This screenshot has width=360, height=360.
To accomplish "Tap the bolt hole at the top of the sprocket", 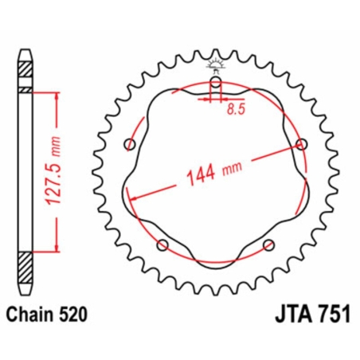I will [x=216, y=82].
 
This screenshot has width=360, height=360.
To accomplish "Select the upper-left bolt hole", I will [x=131, y=143].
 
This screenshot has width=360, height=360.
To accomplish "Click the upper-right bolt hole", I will [x=300, y=143].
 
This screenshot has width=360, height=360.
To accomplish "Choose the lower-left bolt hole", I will [x=163, y=244].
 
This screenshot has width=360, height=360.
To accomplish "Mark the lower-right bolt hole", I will [x=268, y=244].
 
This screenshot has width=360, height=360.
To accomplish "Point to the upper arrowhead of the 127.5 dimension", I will [x=56, y=95].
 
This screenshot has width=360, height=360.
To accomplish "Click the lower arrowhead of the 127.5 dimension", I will [x=56, y=248].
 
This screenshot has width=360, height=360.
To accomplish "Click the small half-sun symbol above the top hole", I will [x=216, y=64].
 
